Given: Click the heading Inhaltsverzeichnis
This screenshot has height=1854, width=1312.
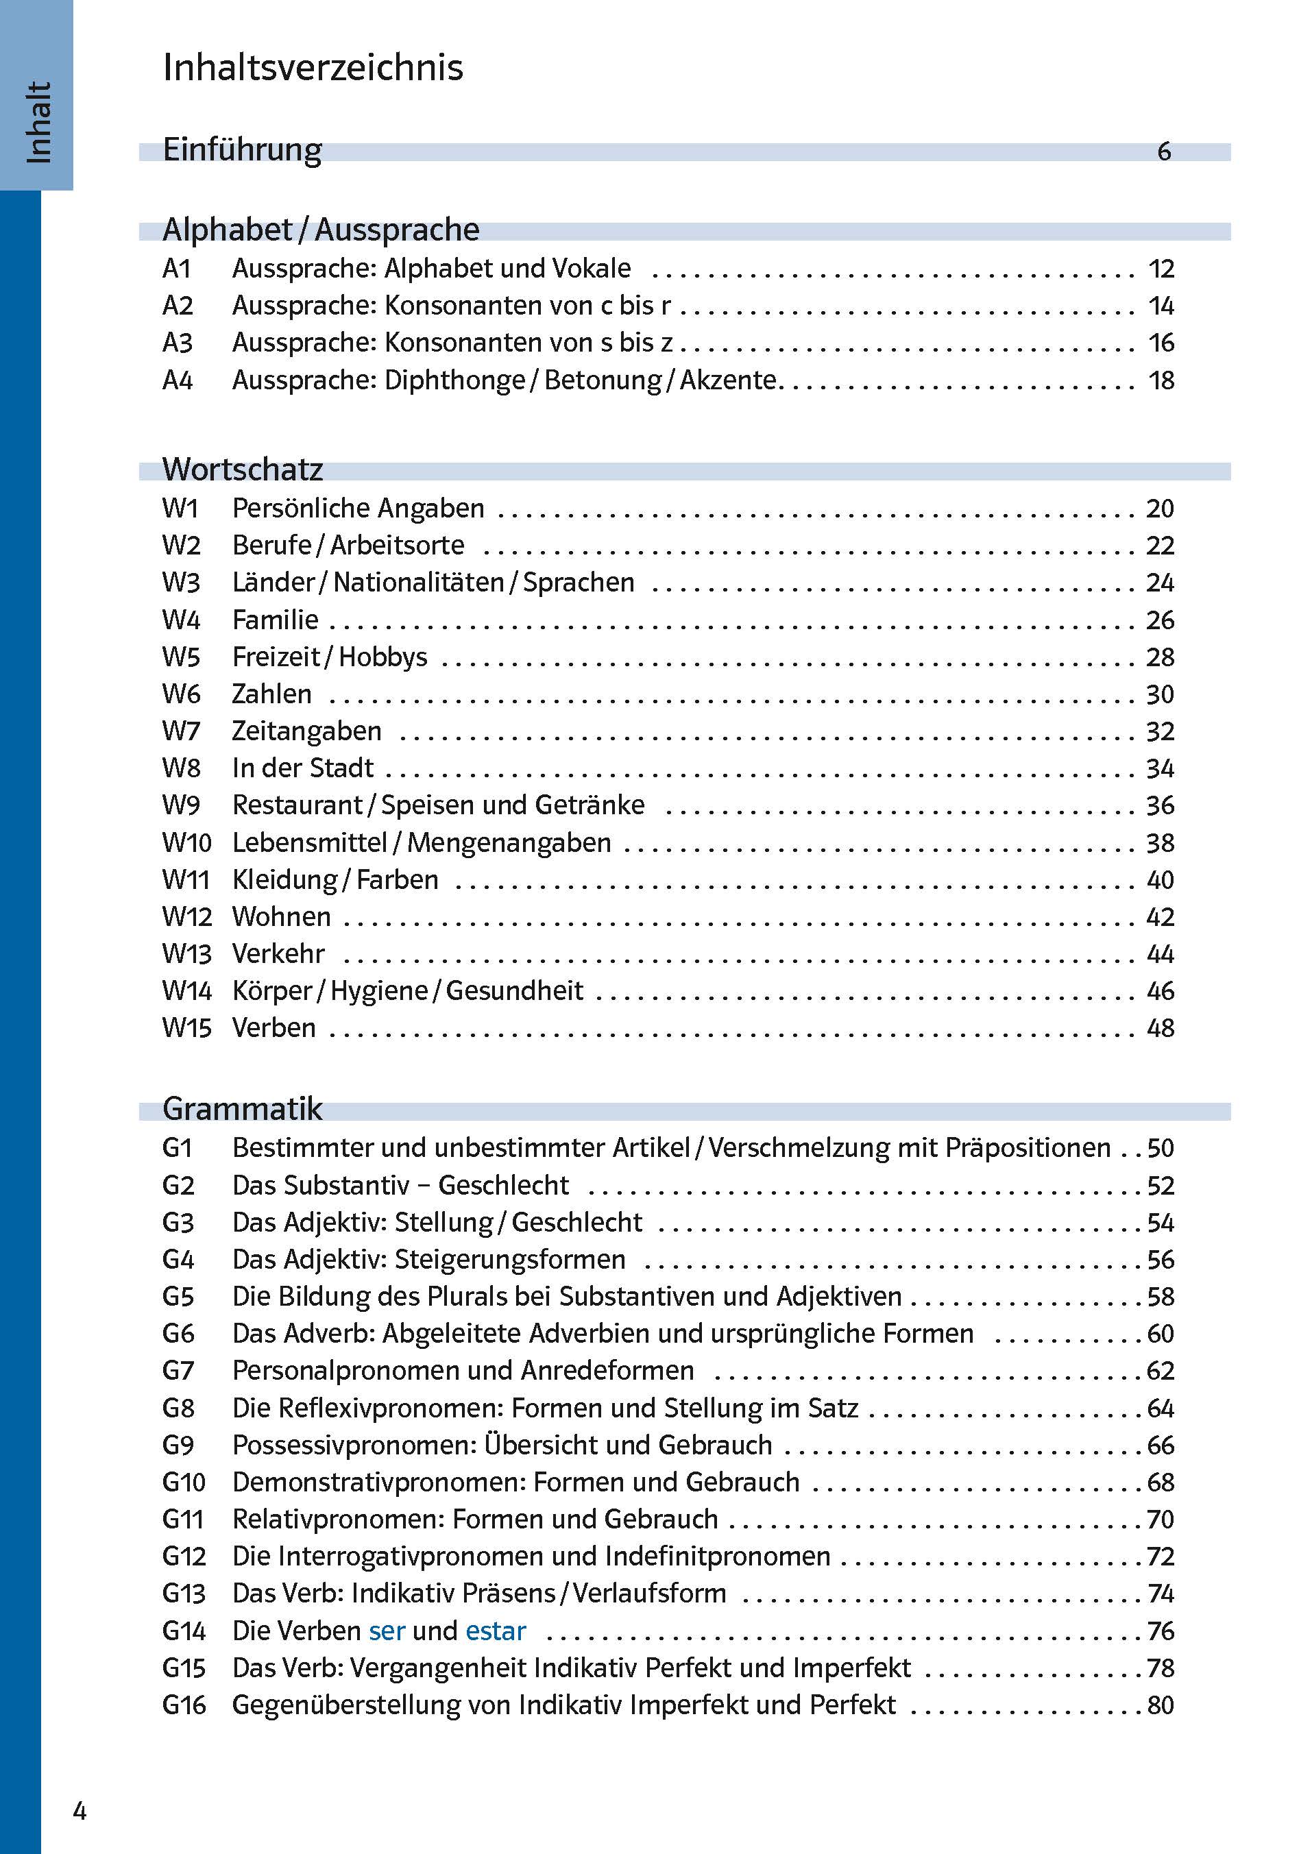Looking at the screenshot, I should point(313,67).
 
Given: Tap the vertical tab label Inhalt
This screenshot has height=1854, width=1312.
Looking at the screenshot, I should point(38,123).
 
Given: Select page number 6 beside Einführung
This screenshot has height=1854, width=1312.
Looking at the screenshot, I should point(1163,151).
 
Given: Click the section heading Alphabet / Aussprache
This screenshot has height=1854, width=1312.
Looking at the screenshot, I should point(321,230).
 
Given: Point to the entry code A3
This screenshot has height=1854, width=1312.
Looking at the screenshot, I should point(178,343).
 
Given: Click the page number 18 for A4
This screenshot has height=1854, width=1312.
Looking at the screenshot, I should point(1161,380).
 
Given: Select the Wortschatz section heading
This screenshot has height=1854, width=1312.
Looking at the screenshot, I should point(243,469).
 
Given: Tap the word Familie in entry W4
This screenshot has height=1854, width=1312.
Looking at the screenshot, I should point(276,620).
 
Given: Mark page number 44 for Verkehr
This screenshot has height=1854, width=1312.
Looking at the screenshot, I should point(1160,955).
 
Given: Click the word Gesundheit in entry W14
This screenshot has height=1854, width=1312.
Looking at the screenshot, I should point(514,991).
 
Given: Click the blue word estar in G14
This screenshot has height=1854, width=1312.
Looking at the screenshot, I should point(496,1632).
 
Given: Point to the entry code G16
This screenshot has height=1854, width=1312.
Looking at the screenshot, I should point(184,1706).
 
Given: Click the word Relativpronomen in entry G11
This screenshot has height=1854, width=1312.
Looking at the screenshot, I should point(336,1520).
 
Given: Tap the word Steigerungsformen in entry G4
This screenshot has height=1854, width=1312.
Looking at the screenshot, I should point(510,1260).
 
